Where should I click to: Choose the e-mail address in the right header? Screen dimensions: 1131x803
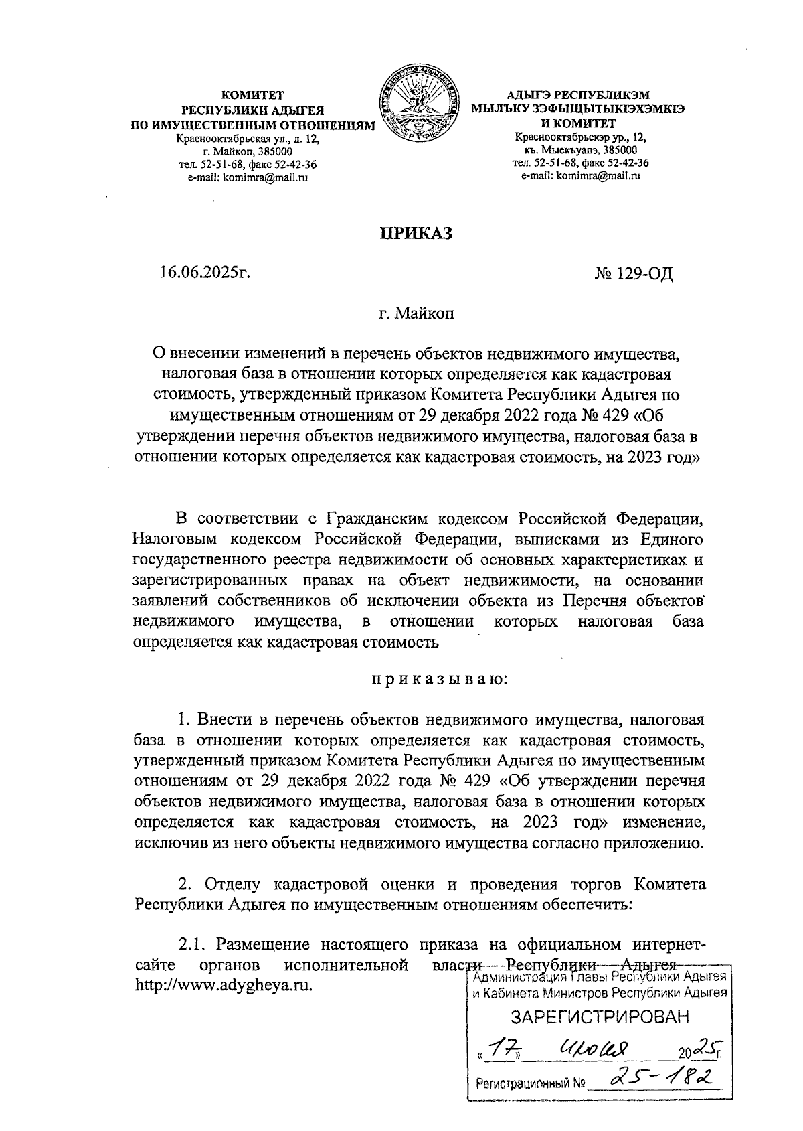point(581,176)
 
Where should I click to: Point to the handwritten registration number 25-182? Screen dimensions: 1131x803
point(659,1079)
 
